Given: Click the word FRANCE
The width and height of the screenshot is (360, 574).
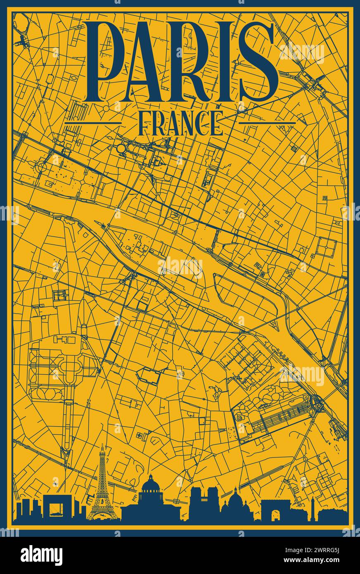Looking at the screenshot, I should point(180,123).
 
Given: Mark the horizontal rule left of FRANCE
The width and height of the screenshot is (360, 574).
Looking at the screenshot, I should point(93,123).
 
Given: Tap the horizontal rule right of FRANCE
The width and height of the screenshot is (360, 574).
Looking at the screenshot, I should point(268,123).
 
